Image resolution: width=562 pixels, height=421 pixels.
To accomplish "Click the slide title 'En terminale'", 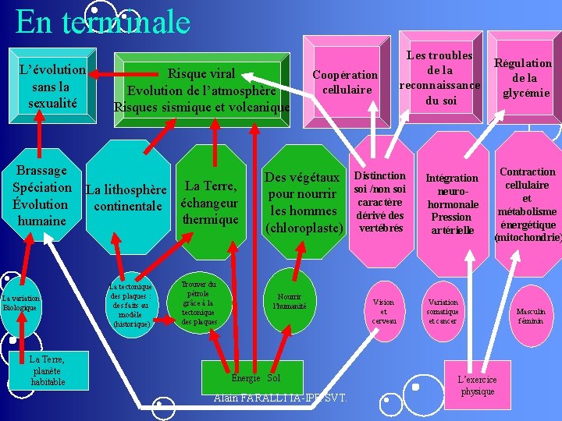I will coord(102,21).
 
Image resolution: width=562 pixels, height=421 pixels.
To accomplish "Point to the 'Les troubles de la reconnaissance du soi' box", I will coord(439,78).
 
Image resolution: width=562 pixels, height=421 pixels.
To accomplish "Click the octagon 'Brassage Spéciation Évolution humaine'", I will coord(42,196).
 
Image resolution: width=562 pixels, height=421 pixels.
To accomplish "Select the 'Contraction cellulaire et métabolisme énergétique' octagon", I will coord(527,203).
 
